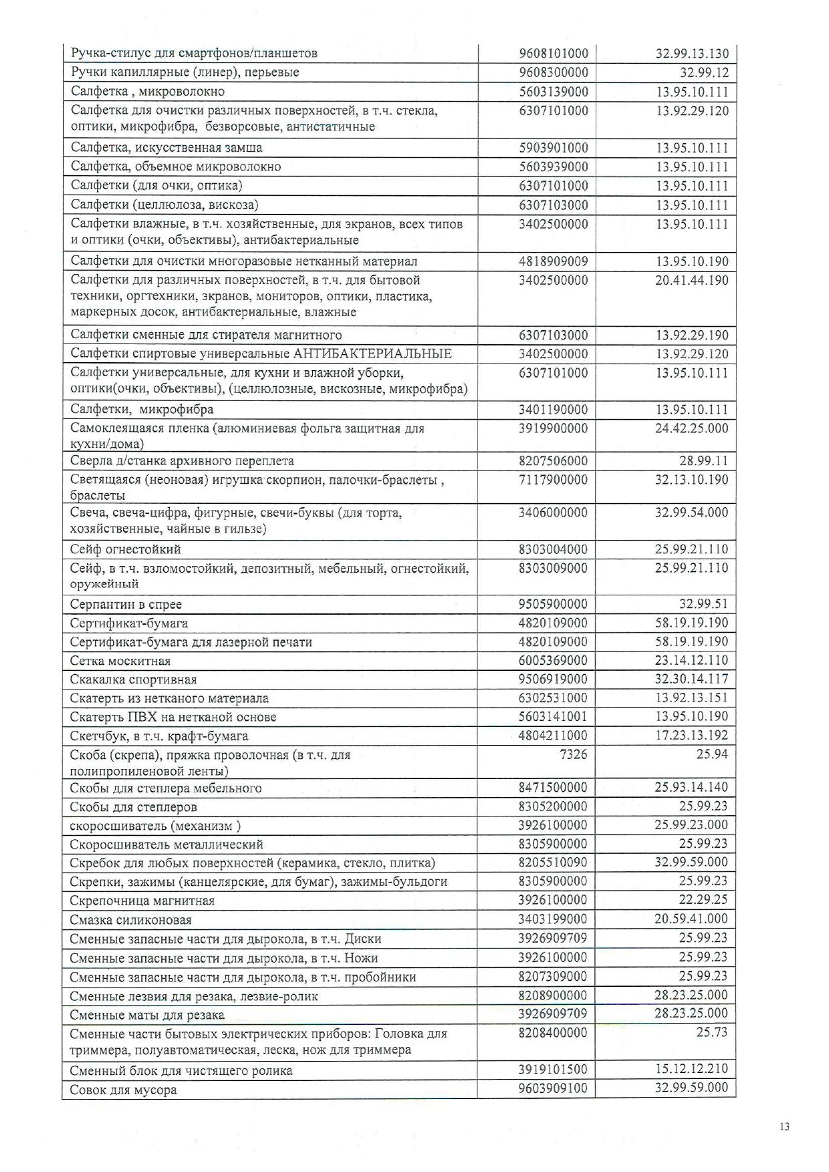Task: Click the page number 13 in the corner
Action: click(x=784, y=1127)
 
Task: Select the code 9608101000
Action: click(x=553, y=53)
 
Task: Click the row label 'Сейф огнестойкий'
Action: click(x=126, y=549)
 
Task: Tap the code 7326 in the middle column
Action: click(x=574, y=754)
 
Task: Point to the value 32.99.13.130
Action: click(x=691, y=53)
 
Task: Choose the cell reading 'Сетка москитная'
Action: click(x=120, y=661)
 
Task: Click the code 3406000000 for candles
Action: click(x=553, y=512)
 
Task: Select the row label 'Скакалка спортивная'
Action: click(x=133, y=680)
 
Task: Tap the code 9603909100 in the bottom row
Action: click(x=553, y=1088)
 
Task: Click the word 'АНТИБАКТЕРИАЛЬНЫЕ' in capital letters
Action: click(x=372, y=353)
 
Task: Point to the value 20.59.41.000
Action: click(x=691, y=919)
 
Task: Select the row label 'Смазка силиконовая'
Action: click(x=131, y=920)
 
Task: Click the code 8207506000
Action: click(x=553, y=460)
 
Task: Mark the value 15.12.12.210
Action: click(x=691, y=1068)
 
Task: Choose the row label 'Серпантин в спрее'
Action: click(x=126, y=604)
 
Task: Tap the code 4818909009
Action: click(x=553, y=261)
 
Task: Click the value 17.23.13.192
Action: click(x=691, y=736)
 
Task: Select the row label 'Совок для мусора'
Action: click(x=123, y=1090)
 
